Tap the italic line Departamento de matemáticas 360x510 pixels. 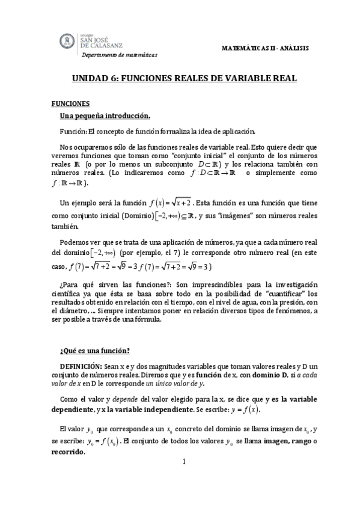pyautogui.click(x=119, y=55)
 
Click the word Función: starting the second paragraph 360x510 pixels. pyautogui.click(x=73, y=131)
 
